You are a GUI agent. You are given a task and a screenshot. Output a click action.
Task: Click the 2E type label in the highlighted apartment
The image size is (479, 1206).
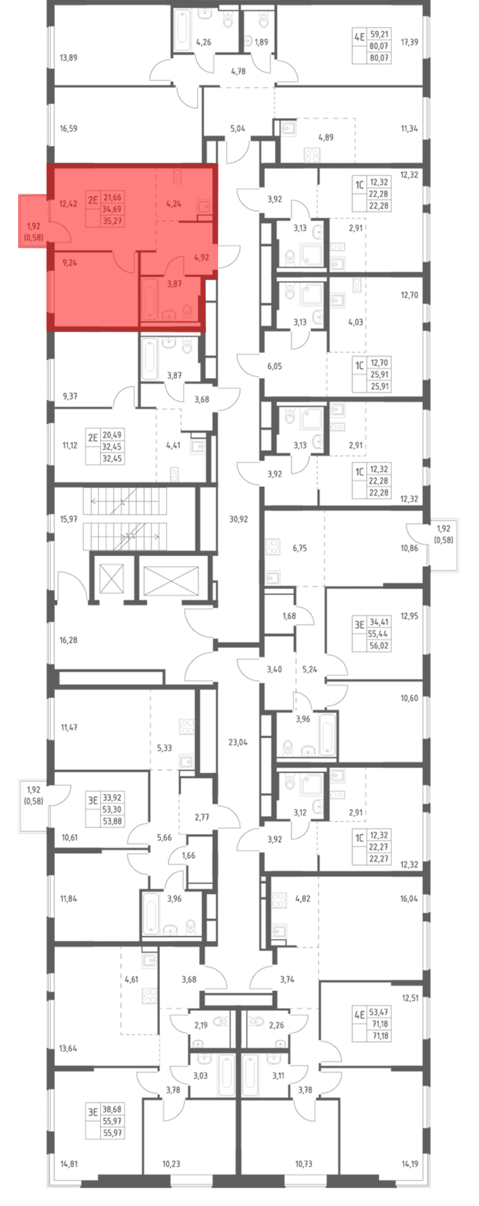pos(93,200)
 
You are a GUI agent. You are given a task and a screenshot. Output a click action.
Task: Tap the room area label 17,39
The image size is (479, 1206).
pos(409,42)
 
